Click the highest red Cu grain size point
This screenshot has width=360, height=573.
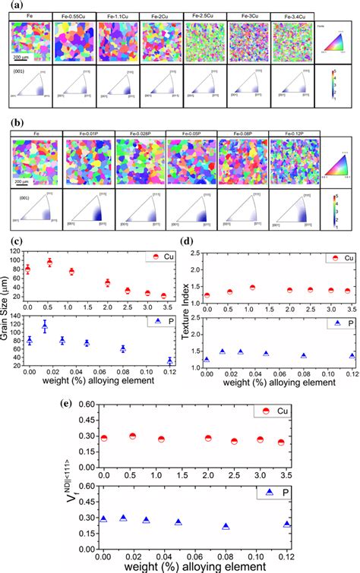click(x=71, y=263)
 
